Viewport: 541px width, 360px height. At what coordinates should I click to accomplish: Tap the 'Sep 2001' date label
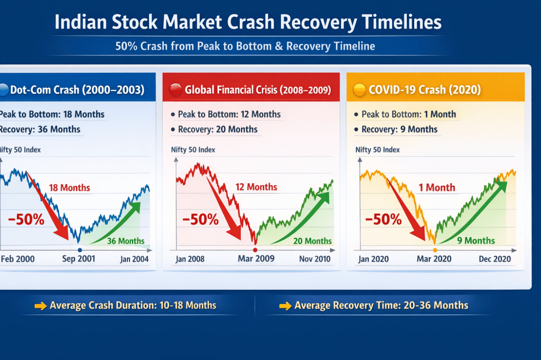[x=79, y=259]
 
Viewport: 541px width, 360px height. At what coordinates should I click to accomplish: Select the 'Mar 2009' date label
[x=256, y=259]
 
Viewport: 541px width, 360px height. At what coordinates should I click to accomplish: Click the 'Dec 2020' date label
[x=495, y=259]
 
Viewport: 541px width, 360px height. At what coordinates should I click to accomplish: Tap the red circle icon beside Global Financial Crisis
[x=175, y=90]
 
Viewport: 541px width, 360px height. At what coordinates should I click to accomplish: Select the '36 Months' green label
[x=126, y=241]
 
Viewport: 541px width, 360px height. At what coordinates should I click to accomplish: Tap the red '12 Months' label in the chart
[x=256, y=187]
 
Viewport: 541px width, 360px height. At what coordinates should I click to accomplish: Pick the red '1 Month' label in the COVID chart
[x=436, y=187]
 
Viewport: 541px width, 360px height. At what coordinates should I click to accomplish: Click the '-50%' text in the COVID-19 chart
[x=384, y=219]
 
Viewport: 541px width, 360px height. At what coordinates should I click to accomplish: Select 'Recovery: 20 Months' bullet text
[x=218, y=129]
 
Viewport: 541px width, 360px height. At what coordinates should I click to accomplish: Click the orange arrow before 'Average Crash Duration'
[x=40, y=306]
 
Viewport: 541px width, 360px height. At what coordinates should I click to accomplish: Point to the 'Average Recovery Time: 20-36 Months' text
[x=381, y=305]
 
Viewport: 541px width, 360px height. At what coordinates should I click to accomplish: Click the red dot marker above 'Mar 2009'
[x=255, y=250]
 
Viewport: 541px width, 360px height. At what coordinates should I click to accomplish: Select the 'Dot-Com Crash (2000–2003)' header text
[x=77, y=90]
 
